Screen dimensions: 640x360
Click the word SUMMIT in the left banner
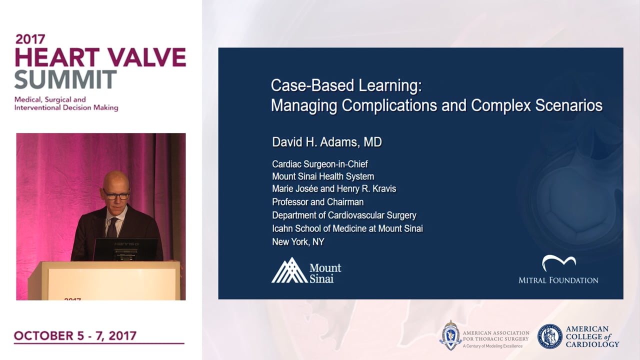pos(65,79)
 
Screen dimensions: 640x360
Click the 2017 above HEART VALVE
pos(30,39)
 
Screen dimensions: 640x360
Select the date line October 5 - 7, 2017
pos(75,335)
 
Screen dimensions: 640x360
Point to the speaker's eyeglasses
pos(116,195)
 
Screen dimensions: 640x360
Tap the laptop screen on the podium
pos(125,249)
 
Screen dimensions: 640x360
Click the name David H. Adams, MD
pos(327,142)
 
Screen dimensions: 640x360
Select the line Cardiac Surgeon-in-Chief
pos(320,164)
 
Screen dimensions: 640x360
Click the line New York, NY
pos(298,241)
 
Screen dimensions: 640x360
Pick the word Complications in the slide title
pos(389,105)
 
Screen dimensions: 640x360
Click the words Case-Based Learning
pos(346,85)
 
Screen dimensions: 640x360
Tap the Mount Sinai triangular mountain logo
pos(289,270)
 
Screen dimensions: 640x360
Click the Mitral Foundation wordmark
pos(558,280)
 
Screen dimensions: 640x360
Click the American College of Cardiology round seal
pos(549,336)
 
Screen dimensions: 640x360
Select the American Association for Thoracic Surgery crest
pos(450,335)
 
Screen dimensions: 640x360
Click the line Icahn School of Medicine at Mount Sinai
pos(347,228)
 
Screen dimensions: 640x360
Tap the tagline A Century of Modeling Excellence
pos(492,346)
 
